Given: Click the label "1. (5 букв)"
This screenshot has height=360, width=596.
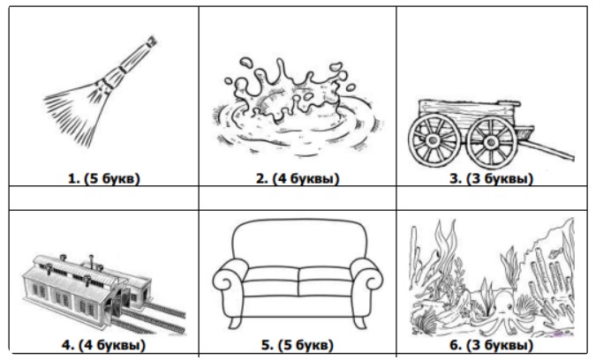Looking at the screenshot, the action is coord(103,178).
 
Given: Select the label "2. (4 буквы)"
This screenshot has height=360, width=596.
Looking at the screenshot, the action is coord(298,178).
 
